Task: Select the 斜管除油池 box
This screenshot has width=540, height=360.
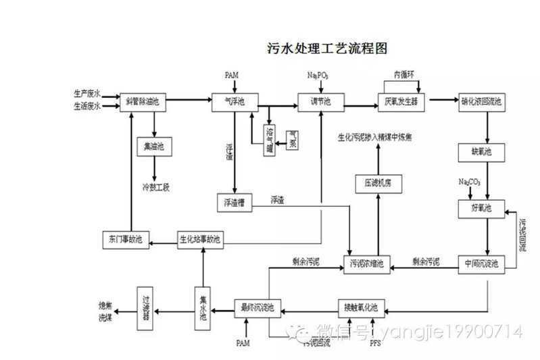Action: (x=143, y=101)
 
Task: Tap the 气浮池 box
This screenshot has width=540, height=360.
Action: (x=235, y=101)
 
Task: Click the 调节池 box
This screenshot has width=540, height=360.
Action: (x=320, y=101)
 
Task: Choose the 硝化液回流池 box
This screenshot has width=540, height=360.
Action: (x=481, y=101)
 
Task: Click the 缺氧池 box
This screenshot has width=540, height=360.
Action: (x=481, y=151)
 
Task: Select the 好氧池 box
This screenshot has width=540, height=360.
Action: (x=481, y=207)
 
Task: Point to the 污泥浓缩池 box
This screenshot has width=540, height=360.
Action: (x=367, y=263)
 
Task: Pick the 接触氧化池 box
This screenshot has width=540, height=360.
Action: (x=365, y=308)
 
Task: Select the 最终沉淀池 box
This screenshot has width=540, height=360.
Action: (x=257, y=308)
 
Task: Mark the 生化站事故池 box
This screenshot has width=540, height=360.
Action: (x=200, y=239)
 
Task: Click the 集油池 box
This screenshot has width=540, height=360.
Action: (x=155, y=145)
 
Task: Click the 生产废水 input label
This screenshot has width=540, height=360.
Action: (x=87, y=94)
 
